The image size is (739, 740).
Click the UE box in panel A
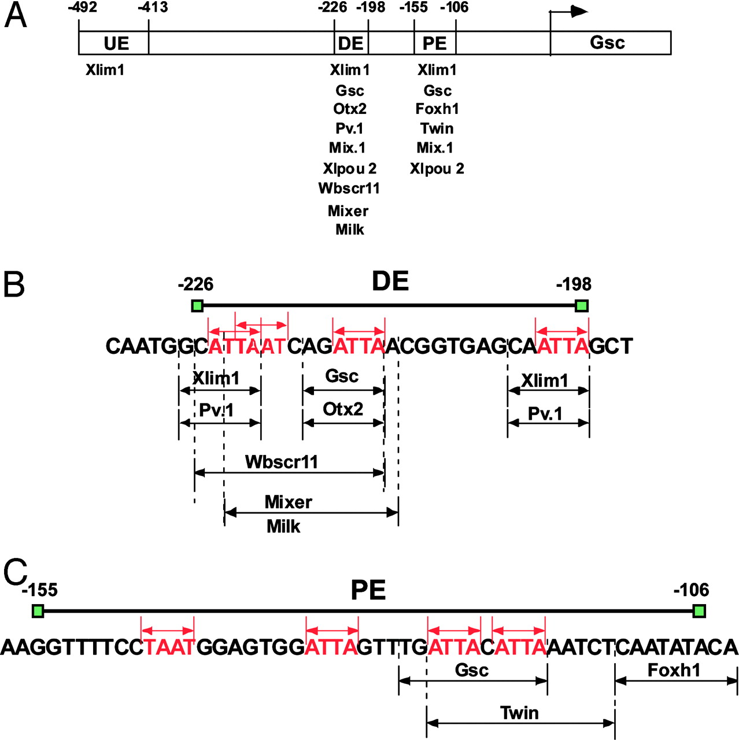click(x=114, y=43)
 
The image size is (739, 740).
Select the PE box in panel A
click(x=435, y=43)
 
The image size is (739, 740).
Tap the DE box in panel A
click(x=351, y=43)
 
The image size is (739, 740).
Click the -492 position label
click(x=82, y=8)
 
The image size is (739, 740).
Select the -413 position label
click(x=153, y=8)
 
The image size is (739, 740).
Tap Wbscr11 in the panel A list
click(x=349, y=188)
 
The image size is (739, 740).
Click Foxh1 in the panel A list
click(x=437, y=109)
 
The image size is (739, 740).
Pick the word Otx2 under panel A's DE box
click(x=350, y=109)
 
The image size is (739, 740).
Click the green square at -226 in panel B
click(x=197, y=305)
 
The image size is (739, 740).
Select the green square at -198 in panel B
click(x=582, y=305)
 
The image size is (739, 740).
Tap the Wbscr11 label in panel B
click(x=282, y=462)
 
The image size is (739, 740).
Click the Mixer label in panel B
click(x=288, y=502)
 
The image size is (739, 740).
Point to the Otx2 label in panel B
click(x=343, y=409)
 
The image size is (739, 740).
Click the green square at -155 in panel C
click(x=38, y=610)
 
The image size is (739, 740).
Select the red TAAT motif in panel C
click(x=168, y=647)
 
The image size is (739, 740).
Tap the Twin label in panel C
click(x=519, y=713)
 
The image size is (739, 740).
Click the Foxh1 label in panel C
click(x=674, y=670)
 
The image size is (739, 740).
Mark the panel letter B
click(x=14, y=284)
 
